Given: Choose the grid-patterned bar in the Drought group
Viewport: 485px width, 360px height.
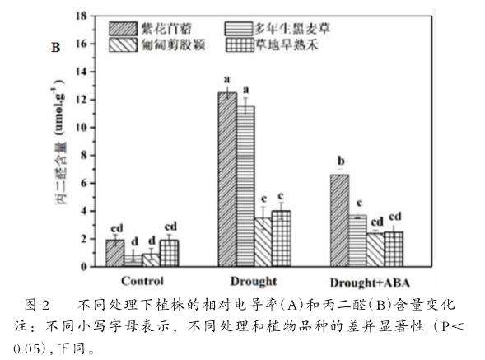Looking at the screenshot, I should coord(281,238).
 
